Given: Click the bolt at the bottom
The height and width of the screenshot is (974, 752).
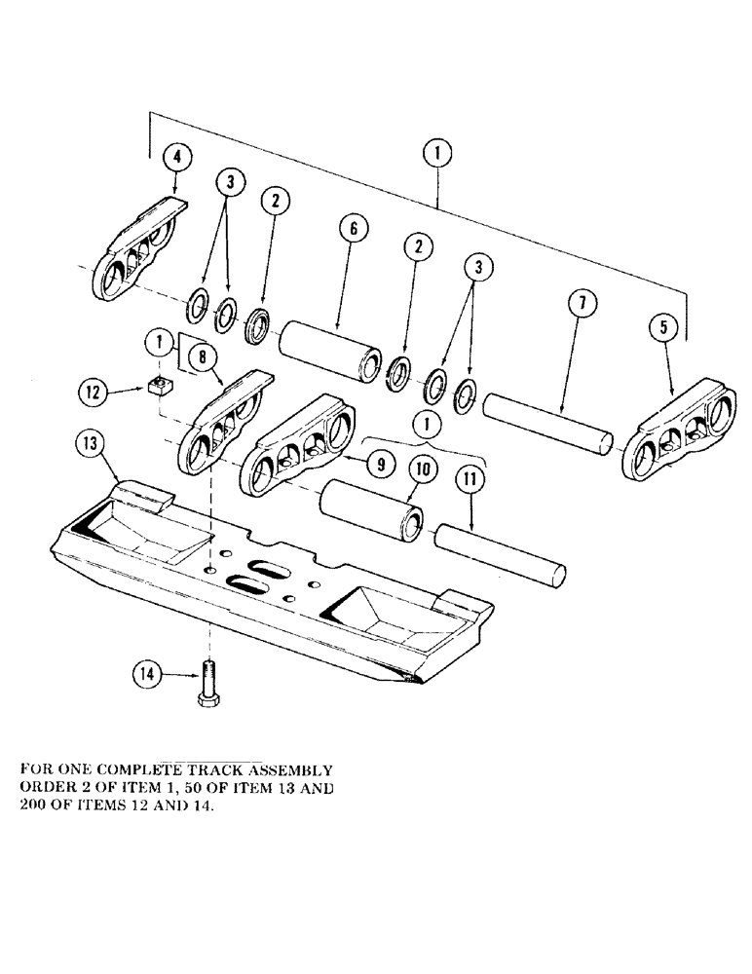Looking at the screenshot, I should [x=208, y=686].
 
